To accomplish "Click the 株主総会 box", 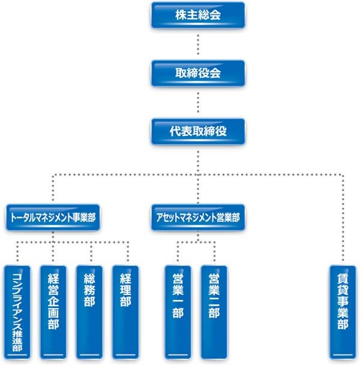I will pos(198,15).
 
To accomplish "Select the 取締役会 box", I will pos(198,73).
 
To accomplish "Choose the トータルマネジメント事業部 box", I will pos(53,218).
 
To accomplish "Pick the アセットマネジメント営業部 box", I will pos(197,218).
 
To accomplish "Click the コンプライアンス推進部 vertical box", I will pos(17,312).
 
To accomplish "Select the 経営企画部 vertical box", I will pos(53,312).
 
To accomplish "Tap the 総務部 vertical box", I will pos(90,312).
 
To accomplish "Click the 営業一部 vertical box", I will pos(178,312).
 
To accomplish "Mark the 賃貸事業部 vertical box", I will pos(343,312).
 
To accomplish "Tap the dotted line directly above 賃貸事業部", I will pos(343,222).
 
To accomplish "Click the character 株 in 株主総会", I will pos(181,15).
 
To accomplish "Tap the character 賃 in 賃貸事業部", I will pos(343,280).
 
